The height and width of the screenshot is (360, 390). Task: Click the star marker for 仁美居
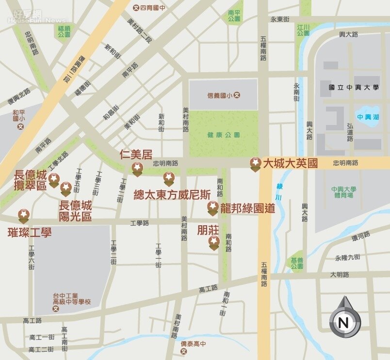pos(138,168)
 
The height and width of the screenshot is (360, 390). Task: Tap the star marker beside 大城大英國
pos(256,163)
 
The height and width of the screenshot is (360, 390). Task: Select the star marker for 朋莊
pos(214,242)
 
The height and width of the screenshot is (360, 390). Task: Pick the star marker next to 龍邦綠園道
pos(213,207)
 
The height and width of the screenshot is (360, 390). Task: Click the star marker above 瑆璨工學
pos(23,215)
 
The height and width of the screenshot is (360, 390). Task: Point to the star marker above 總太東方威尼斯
pos(169,178)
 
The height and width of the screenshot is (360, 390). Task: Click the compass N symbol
pos(345,321)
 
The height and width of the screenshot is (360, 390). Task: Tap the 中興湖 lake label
pos(367,116)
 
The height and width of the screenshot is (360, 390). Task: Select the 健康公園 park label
pos(224,135)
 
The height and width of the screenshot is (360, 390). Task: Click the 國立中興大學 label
pos(354,88)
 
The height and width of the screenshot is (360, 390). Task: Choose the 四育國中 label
pos(150,7)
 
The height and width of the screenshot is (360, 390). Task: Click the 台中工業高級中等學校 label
pos(72,299)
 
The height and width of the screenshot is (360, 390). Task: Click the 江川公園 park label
pos(304,31)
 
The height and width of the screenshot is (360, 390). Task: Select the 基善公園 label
pos(297,263)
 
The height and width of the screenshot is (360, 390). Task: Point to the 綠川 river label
pos(279,192)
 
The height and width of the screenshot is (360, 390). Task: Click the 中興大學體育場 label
pos(344,192)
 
